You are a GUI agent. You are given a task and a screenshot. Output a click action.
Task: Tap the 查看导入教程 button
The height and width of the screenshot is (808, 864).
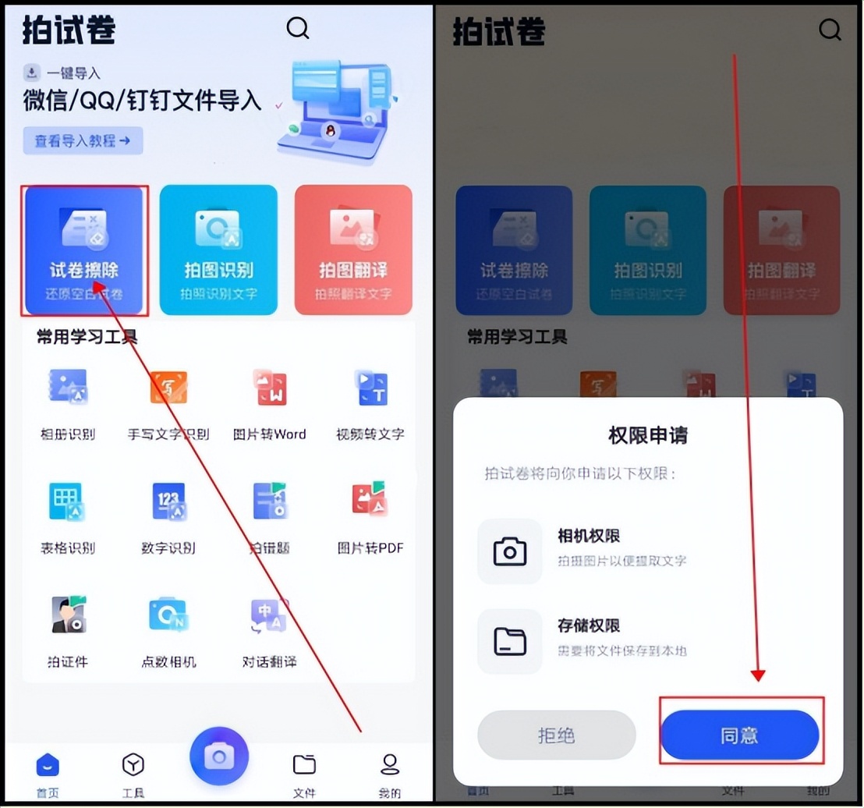(83, 141)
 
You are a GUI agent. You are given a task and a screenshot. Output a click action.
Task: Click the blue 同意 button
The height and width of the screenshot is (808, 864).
(739, 735)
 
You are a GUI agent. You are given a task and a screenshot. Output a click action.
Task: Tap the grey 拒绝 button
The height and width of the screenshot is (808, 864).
(557, 735)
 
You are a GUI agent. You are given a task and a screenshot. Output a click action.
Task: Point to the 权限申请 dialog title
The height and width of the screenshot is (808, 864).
(647, 434)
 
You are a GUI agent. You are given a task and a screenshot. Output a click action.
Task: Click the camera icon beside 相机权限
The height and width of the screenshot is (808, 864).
(510, 551)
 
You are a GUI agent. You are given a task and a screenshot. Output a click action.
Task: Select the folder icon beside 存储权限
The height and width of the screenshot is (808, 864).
(510, 641)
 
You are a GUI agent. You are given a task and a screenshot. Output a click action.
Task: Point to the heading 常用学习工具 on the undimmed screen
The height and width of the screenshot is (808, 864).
(87, 337)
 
